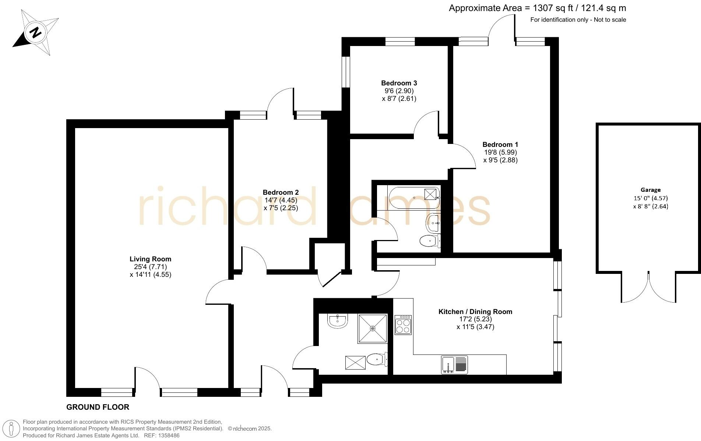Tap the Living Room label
[x=150, y=259]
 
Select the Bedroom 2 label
[x=281, y=192]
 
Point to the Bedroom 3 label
[x=399, y=83]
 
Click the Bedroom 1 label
[x=500, y=145]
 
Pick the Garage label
[x=651, y=190]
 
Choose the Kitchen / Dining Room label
[x=475, y=312]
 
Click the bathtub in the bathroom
[x=414, y=198]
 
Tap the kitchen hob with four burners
[x=403, y=325]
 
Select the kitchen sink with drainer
[x=454, y=364]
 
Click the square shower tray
[x=373, y=328]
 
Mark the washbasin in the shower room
[x=337, y=321]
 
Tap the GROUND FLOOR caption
[x=98, y=407]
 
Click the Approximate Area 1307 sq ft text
[x=538, y=8]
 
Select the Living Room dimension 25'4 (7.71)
[x=150, y=267]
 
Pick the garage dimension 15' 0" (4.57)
[x=651, y=198]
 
